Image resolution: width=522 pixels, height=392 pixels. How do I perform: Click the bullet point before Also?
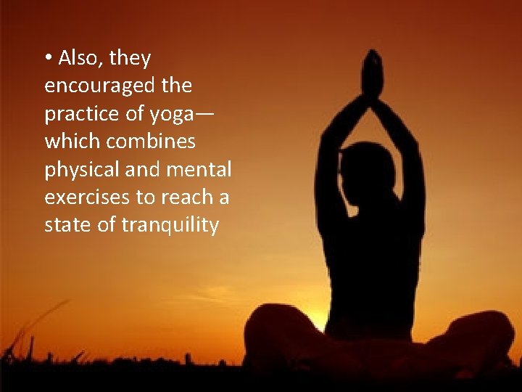(48, 57)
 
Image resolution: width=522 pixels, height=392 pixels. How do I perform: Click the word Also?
(78, 57)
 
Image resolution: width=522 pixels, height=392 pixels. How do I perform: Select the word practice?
(76, 114)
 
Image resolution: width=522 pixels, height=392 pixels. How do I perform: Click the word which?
(70, 142)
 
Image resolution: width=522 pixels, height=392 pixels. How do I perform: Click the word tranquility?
(170, 226)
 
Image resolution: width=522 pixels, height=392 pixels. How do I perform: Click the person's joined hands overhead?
(372, 73)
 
